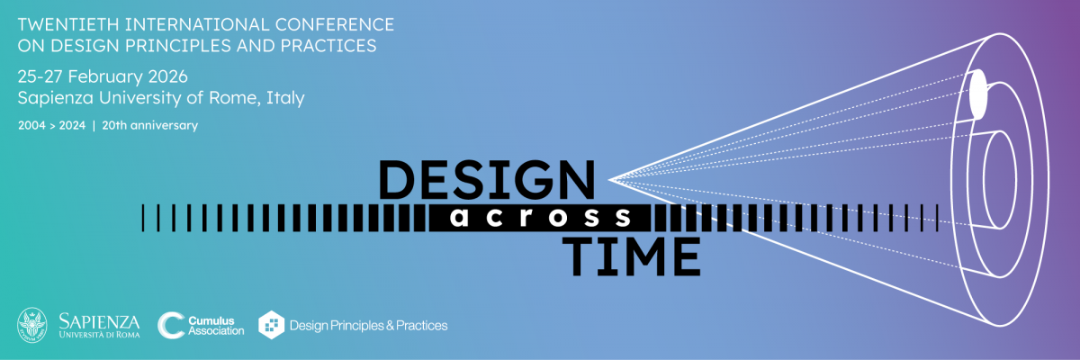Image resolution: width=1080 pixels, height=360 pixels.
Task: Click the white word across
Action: click(x=542, y=217)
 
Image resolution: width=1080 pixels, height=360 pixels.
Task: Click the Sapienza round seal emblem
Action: click(x=32, y=325)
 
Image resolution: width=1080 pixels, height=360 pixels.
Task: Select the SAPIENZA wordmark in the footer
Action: click(x=100, y=320)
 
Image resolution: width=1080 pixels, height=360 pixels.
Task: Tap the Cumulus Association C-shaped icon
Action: click(x=171, y=325)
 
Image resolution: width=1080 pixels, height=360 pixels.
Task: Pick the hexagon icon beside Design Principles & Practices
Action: click(x=272, y=325)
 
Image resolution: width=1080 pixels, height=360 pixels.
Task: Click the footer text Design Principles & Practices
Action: click(x=368, y=325)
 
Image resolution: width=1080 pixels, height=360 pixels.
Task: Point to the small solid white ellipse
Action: click(x=977, y=93)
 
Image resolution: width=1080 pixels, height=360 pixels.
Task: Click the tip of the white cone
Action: click(x=611, y=179)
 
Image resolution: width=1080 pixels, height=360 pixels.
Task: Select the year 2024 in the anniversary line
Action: click(x=71, y=126)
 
